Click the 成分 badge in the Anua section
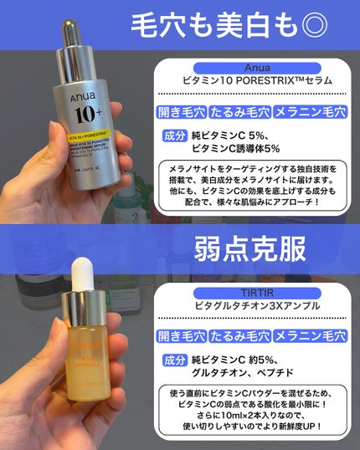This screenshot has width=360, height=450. [x=172, y=136]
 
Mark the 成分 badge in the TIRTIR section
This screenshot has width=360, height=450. [x=172, y=361]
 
